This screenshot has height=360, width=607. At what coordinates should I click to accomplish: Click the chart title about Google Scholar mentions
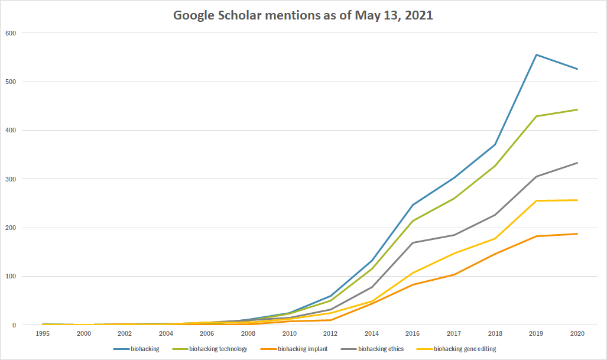[x=303, y=15]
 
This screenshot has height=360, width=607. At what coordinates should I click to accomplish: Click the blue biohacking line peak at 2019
[x=536, y=55]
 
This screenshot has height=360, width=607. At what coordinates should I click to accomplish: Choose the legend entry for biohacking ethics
[x=381, y=349]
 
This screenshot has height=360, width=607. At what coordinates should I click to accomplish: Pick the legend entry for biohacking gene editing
[x=465, y=349]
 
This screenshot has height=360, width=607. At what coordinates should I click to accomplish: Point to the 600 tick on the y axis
[x=11, y=33]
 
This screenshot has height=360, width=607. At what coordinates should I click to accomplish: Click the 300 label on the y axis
[x=11, y=179]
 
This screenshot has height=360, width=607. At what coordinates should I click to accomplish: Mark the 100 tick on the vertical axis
[x=11, y=276]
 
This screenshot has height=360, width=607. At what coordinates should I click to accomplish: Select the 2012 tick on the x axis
[x=330, y=334]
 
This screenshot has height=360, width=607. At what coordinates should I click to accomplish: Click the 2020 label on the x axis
[x=577, y=334]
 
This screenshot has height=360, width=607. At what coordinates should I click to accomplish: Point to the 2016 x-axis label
[x=413, y=334]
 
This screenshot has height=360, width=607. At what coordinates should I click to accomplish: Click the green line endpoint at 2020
[x=577, y=110]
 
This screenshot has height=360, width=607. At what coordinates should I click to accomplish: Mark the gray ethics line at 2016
[x=413, y=242]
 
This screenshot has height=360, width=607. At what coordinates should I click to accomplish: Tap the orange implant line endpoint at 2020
[x=577, y=234]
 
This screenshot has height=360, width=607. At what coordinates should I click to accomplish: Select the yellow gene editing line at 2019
[x=536, y=201]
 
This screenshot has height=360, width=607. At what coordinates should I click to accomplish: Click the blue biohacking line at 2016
[x=413, y=205]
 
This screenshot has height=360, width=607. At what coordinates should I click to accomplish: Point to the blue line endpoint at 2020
[x=577, y=69]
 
